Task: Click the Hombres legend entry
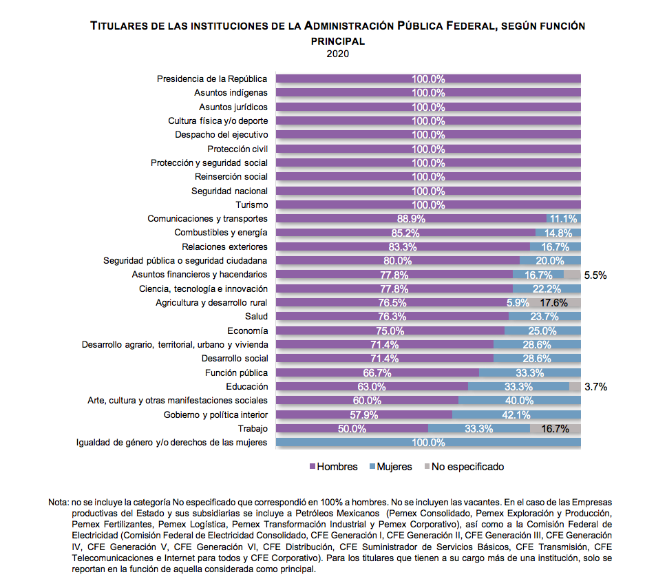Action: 333,467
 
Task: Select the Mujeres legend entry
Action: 391,467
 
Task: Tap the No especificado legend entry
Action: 464,467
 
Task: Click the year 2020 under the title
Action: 337,54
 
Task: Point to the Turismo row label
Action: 251,204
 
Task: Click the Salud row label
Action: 256,316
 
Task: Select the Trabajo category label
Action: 253,428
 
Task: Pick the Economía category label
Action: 247,330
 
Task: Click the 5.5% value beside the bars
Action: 595,275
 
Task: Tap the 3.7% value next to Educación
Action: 595,386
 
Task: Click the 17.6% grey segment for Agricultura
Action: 554,302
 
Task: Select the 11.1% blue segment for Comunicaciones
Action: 564,218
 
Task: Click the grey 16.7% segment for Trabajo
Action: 556,428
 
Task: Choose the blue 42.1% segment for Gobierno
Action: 516,414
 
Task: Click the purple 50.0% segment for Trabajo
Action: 352,428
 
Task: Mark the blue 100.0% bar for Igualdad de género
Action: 428,442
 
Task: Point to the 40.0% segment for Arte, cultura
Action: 520,401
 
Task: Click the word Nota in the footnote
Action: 58,502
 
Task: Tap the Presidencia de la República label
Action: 212,78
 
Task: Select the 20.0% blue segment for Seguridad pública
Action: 550,261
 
